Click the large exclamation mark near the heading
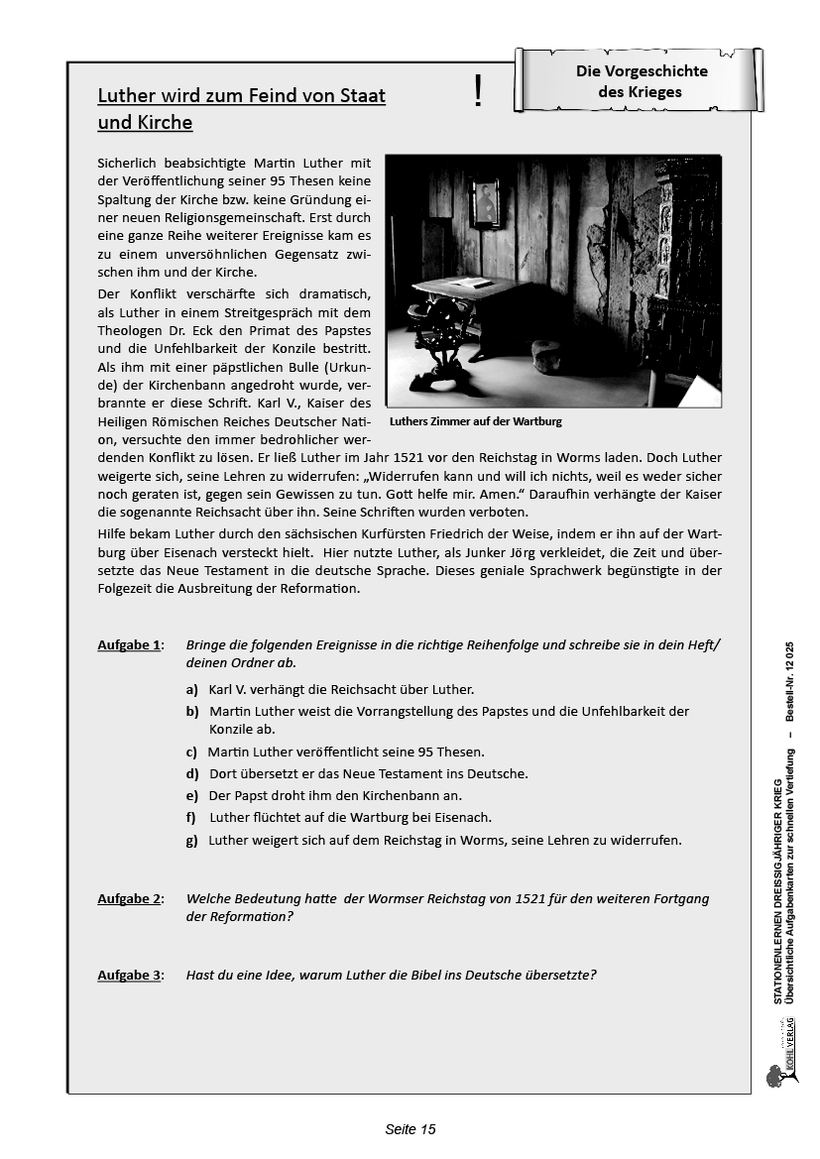pos(478,91)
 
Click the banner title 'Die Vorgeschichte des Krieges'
pos(641,81)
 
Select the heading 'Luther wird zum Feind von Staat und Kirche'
pos(241,109)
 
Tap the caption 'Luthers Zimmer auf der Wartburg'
pos(475,421)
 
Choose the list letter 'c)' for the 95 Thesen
pos(191,753)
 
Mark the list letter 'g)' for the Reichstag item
pos(191,841)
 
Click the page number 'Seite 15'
pos(410,1129)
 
